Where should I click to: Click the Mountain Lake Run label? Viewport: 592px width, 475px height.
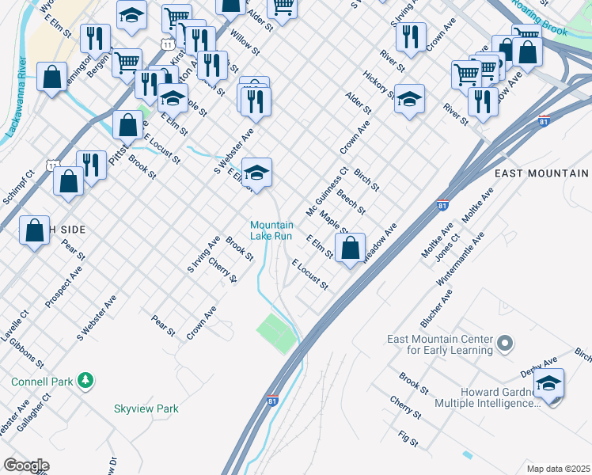click(x=271, y=230)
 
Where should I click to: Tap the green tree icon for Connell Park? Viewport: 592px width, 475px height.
click(x=85, y=381)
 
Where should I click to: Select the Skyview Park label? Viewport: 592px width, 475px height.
click(x=146, y=409)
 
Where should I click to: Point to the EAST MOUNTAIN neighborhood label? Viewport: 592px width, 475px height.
click(x=541, y=173)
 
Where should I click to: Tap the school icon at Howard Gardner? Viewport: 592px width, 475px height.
click(x=548, y=383)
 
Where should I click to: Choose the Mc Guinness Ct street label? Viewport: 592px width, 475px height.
click(x=327, y=192)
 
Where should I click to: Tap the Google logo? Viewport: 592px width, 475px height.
click(x=26, y=465)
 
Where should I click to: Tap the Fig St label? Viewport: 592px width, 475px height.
click(x=408, y=437)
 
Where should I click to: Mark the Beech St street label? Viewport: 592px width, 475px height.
click(x=351, y=202)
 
